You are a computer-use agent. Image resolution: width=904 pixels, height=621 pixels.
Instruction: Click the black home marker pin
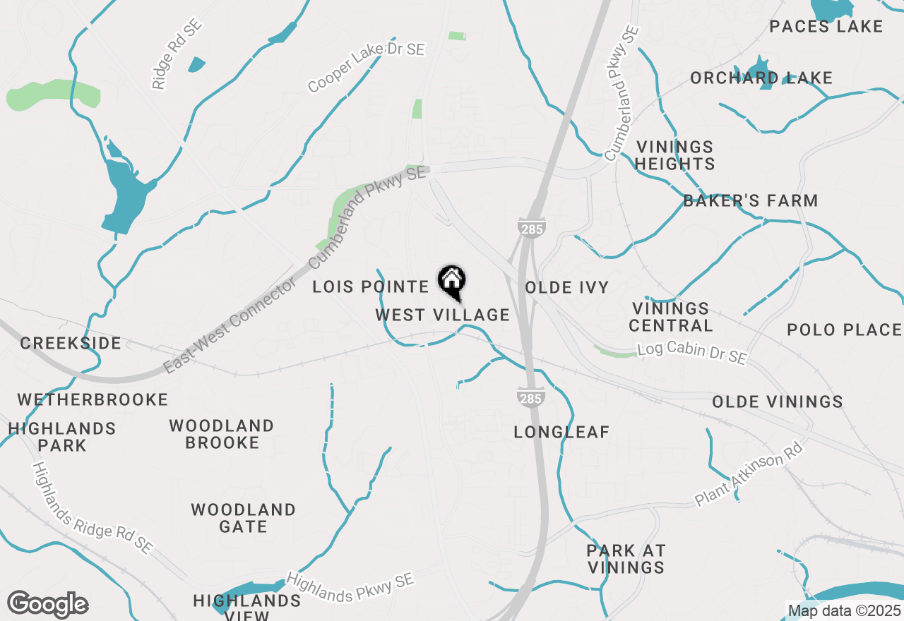pyautogui.click(x=451, y=282)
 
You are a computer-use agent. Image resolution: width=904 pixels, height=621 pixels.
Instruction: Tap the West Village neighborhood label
pyautogui.click(x=442, y=315)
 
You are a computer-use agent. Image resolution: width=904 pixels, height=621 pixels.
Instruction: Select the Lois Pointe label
pyautogui.click(x=371, y=287)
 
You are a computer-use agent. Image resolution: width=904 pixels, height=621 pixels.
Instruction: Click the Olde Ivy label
pyautogui.click(x=567, y=287)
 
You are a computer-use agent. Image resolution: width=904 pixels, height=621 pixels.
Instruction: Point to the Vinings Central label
pyautogui.click(x=671, y=317)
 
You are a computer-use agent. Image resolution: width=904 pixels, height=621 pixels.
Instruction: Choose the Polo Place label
pyautogui.click(x=845, y=330)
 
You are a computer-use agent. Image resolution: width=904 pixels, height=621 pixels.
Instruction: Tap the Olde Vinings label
pyautogui.click(x=778, y=402)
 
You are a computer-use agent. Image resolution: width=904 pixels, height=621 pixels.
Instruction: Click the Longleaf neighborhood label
pyautogui.click(x=561, y=432)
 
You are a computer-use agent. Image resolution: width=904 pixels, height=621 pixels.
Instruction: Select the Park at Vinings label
pyautogui.click(x=626, y=558)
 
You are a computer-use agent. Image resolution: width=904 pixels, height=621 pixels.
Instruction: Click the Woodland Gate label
pyautogui.click(x=243, y=518)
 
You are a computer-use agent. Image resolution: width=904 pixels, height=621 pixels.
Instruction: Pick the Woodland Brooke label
pyautogui.click(x=222, y=434)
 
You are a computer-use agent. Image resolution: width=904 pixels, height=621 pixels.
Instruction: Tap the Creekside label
pyautogui.click(x=71, y=343)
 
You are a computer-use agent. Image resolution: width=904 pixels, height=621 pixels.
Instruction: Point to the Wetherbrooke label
pyautogui.click(x=93, y=399)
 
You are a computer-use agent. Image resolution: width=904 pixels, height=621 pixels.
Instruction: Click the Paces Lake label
pyautogui.click(x=826, y=27)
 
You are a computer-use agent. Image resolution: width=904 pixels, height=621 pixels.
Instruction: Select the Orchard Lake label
pyautogui.click(x=761, y=78)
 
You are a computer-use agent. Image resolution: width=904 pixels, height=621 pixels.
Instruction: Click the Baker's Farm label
pyautogui.click(x=751, y=200)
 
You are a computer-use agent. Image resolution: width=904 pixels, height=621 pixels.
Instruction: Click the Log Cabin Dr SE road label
pyautogui.click(x=691, y=354)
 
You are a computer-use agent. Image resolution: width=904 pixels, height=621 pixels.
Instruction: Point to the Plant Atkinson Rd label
pyautogui.click(x=749, y=474)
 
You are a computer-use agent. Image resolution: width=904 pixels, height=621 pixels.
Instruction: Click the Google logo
pyautogui.click(x=48, y=605)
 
